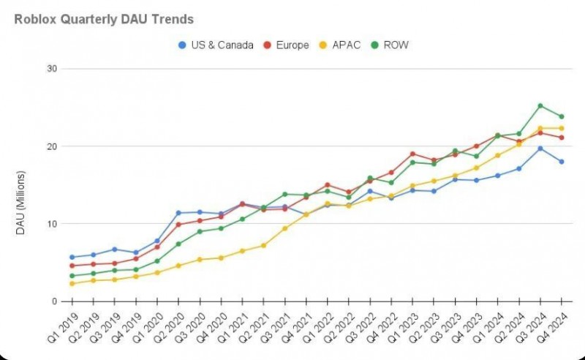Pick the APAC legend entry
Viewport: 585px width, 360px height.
[x=344, y=45]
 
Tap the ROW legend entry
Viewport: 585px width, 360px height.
[x=393, y=45]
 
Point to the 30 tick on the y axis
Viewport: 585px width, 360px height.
[x=53, y=69]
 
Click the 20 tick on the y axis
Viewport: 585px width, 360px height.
[x=53, y=146]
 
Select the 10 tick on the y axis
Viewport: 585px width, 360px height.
[x=53, y=223]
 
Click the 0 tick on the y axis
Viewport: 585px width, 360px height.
[x=55, y=301]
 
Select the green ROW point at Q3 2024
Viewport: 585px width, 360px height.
[x=540, y=105]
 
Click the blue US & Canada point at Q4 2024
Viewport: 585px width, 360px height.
[x=562, y=162]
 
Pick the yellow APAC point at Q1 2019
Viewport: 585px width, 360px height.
[x=72, y=283]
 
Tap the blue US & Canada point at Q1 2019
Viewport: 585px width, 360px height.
[x=72, y=257]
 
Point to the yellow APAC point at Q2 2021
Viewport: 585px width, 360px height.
[x=263, y=245]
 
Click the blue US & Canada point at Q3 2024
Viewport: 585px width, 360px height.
[x=540, y=149]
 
